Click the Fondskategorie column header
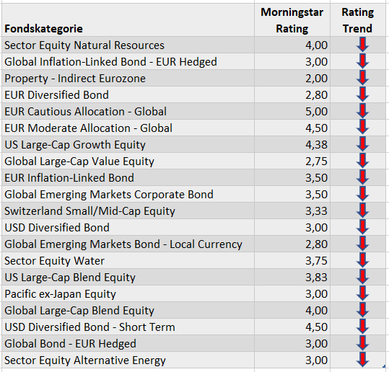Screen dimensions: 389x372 43,29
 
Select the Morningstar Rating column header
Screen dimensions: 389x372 292,20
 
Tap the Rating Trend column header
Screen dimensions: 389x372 357,20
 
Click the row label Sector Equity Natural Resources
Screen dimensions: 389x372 84,45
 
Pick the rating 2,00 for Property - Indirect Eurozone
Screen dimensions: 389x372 316,79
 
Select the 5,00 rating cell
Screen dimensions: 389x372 316,112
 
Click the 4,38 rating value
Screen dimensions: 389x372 316,145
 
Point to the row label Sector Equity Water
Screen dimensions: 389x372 54,261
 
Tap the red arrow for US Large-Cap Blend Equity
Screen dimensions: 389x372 362,277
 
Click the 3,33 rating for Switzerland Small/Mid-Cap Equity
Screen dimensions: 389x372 316,211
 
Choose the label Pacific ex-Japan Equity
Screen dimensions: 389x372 60,294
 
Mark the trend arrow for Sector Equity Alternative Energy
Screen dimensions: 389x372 362,359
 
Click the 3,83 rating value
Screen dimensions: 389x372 316,278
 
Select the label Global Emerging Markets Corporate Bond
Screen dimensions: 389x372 109,195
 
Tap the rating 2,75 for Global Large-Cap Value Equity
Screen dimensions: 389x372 316,161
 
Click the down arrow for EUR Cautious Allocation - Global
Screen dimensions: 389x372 362,111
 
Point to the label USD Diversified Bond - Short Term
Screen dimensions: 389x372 89,327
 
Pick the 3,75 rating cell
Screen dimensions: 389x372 316,261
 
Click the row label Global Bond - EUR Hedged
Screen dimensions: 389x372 70,344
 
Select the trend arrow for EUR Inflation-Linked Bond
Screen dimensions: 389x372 362,177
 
